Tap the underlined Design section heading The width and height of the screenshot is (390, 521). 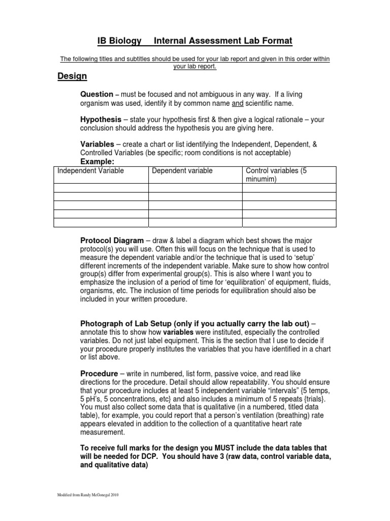(72, 76)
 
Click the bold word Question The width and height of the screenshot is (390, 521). (97, 95)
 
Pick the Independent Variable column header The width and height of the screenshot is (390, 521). (90, 171)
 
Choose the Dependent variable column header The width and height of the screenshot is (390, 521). (182, 171)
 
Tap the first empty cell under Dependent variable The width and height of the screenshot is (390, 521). (195, 188)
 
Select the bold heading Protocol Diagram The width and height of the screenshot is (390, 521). (112, 240)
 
